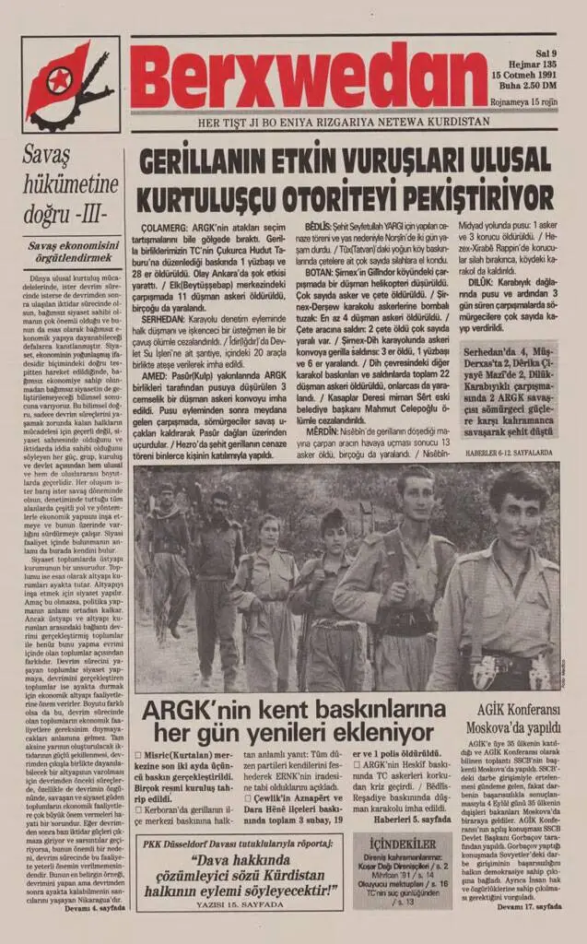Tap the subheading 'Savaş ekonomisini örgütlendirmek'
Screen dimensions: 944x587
(x=71, y=252)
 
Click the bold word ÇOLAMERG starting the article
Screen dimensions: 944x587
(x=161, y=226)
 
